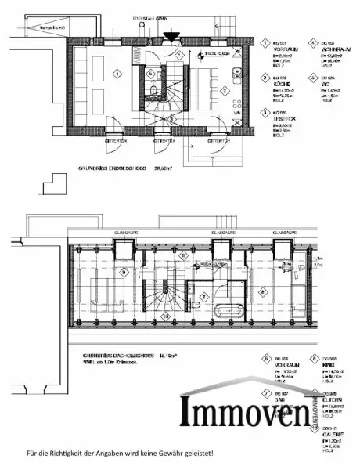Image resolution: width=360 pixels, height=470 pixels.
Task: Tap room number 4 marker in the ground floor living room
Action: pos(117,74)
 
